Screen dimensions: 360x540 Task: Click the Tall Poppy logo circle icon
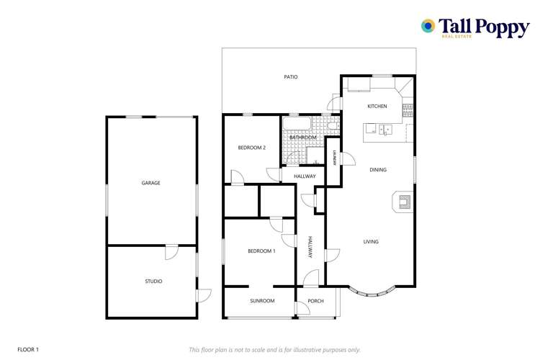[428, 26]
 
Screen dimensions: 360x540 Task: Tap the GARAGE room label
[150, 183]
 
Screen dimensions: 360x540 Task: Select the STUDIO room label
[153, 282]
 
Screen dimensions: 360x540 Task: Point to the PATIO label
[290, 77]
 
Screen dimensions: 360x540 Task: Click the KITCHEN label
[377, 107]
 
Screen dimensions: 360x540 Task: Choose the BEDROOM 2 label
[252, 148]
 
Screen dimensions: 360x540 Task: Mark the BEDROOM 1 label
[261, 251]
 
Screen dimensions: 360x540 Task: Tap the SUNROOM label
[262, 301]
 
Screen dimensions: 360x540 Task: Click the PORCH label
[315, 301]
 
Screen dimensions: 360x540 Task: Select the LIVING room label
[371, 242]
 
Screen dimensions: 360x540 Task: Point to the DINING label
[378, 170]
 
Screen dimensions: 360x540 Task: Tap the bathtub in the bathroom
[297, 124]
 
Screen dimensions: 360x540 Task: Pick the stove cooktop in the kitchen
[407, 109]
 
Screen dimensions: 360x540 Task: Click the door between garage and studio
[171, 252]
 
